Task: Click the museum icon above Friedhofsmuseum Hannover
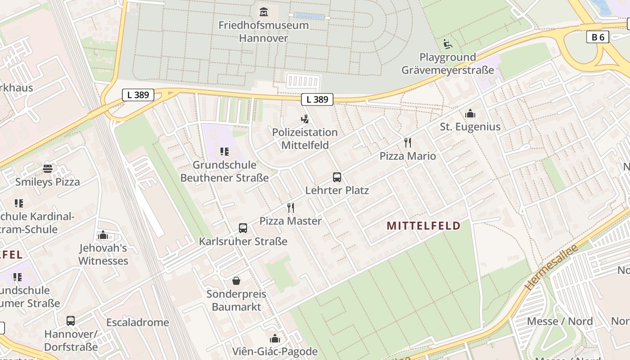point(264,11)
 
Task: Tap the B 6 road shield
point(598,37)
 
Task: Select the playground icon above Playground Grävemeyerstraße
point(447,44)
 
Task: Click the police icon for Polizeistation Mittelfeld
point(305,119)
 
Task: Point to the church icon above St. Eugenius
point(470,113)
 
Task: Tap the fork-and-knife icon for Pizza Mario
point(408,143)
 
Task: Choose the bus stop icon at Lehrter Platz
point(337,177)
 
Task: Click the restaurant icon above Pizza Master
point(291,208)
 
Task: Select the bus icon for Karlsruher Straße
point(243,228)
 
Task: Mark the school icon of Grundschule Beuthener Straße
point(225,152)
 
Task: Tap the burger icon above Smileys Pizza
point(48,169)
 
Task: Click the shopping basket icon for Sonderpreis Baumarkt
point(236,281)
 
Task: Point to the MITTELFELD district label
point(423,226)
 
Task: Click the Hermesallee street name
point(551,267)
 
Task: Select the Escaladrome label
point(138,323)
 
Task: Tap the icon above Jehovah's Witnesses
point(103,235)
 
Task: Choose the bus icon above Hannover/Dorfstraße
point(71,321)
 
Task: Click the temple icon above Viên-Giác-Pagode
point(274,338)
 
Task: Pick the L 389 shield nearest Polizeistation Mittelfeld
point(317,99)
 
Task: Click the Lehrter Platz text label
point(337,190)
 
